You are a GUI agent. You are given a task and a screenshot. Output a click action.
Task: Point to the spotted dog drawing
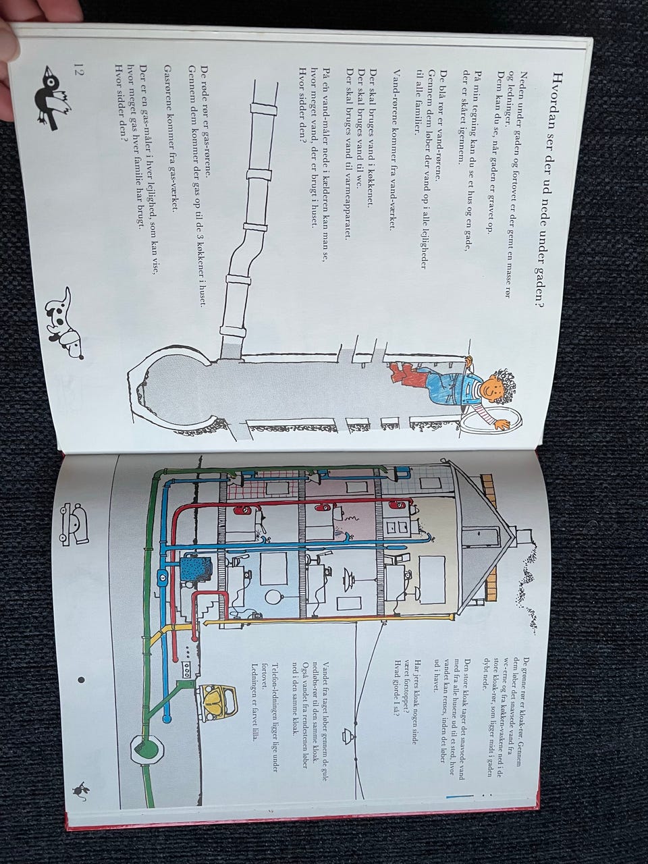point(65,322)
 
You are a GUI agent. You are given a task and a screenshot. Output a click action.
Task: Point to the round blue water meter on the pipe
point(164,577)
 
